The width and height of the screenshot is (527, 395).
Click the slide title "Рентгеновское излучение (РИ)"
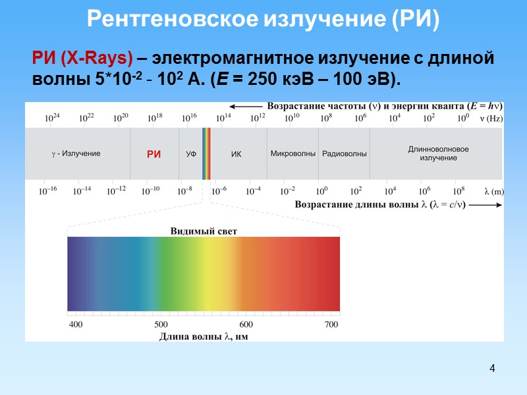point(263,20)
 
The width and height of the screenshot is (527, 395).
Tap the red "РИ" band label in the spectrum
point(153,154)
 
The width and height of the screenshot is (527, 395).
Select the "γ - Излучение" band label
point(76,153)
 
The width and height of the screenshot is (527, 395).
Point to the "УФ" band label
point(191,154)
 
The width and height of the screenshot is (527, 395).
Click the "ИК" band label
point(236,154)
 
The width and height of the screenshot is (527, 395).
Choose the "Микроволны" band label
point(292,153)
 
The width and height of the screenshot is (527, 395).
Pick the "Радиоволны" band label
point(345,154)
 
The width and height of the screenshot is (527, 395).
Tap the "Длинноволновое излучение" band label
point(438,153)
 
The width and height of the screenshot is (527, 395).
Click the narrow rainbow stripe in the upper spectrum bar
point(206,153)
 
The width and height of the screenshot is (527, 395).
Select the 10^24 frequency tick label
point(52,118)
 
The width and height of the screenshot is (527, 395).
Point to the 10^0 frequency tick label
point(463,118)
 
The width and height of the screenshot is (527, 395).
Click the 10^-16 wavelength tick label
point(47,191)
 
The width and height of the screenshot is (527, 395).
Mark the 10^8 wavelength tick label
point(458,191)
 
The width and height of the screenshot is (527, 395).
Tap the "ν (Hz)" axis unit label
point(490,118)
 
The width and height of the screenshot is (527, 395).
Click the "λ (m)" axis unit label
point(494,192)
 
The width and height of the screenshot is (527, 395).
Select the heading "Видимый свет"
point(204,231)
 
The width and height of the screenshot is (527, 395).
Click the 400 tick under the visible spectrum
point(76,325)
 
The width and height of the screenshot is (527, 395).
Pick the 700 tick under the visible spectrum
point(331,325)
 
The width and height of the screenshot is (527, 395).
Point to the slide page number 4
point(491,367)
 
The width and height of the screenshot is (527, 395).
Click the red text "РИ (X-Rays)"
point(82,59)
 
